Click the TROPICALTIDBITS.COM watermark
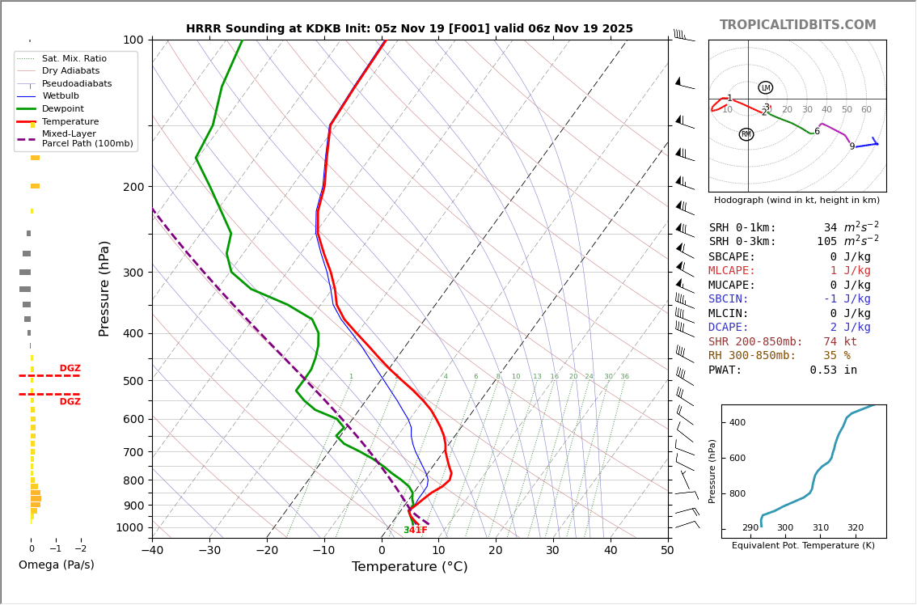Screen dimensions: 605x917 (797, 25)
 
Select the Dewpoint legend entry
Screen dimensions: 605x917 (62, 109)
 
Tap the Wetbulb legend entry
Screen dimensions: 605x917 (60, 96)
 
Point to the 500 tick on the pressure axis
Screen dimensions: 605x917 (133, 381)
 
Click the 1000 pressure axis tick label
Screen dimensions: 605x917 (129, 527)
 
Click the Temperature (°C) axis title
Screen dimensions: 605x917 (409, 568)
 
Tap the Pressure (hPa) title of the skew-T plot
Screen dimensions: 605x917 (104, 288)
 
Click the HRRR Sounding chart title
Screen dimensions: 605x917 (409, 29)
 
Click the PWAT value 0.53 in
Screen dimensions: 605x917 (833, 370)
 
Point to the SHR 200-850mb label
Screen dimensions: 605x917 (755, 342)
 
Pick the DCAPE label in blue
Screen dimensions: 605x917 (729, 328)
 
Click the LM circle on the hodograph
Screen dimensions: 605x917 (765, 87)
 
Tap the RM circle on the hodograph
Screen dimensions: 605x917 (746, 134)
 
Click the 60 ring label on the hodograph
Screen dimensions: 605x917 (866, 110)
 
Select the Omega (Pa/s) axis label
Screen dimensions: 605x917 (56, 565)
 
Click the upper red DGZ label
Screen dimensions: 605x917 (70, 369)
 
